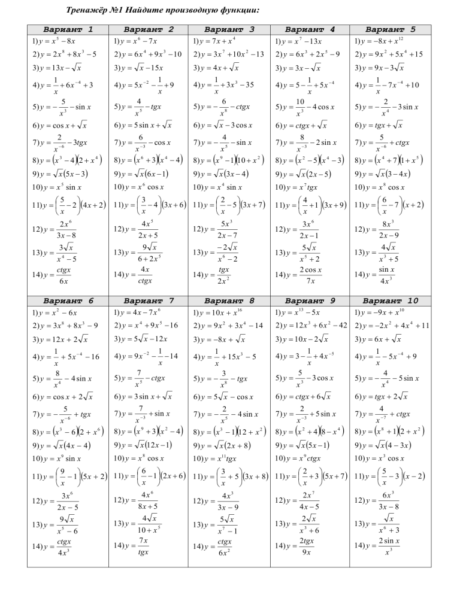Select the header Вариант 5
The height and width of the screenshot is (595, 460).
click(x=390, y=29)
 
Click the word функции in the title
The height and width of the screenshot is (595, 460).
click(x=237, y=10)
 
